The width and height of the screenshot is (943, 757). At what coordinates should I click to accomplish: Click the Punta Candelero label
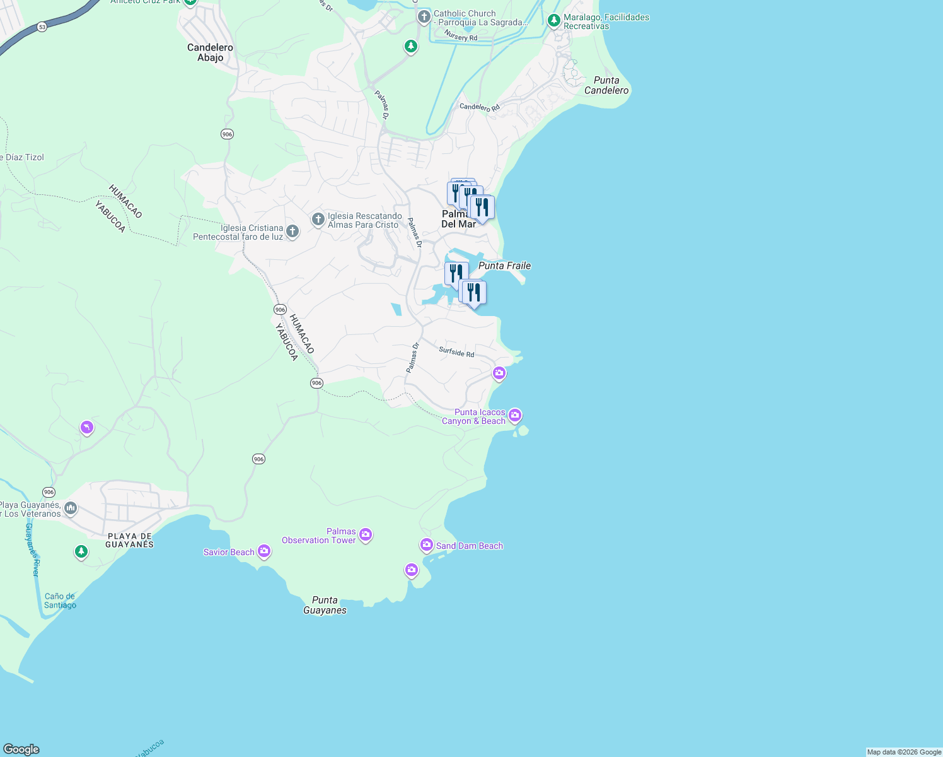(x=606, y=85)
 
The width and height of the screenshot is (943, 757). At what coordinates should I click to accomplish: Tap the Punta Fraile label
(x=504, y=266)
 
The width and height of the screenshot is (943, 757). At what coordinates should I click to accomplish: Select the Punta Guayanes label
(x=325, y=605)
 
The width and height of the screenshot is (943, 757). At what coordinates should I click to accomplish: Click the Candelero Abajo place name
(x=210, y=52)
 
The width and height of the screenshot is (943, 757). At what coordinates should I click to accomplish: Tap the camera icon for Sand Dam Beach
(x=427, y=544)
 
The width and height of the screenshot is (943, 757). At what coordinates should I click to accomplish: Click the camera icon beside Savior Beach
(x=264, y=551)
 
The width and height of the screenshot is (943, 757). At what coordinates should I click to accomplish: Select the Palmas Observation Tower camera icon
(x=366, y=535)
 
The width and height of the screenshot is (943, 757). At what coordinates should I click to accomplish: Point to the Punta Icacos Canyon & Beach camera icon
(x=515, y=414)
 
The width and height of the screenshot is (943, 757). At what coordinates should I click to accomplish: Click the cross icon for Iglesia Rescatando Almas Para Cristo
(x=318, y=219)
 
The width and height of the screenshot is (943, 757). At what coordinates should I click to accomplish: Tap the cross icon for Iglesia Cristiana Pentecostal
(x=292, y=231)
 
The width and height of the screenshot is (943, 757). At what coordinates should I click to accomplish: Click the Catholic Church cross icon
(x=424, y=16)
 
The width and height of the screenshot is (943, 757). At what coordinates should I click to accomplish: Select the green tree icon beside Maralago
(x=554, y=21)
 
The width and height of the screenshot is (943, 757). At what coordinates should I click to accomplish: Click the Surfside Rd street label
(x=456, y=352)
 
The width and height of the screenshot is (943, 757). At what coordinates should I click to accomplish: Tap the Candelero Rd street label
(x=479, y=107)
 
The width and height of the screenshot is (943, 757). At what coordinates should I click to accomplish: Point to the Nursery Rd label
(x=460, y=35)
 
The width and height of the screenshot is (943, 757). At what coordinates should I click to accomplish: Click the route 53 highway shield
(x=42, y=27)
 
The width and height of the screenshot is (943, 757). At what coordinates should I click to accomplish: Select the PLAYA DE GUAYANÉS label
(x=129, y=540)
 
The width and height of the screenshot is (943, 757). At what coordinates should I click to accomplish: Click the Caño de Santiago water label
(x=60, y=601)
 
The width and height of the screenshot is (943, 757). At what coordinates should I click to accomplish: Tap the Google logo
(x=21, y=749)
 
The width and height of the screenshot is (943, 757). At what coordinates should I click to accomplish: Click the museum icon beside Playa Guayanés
(x=71, y=508)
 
